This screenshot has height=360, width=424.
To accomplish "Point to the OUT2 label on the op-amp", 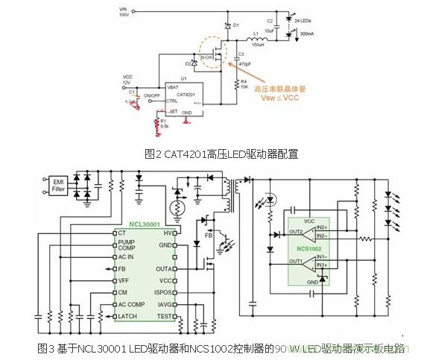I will coord(296,231).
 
